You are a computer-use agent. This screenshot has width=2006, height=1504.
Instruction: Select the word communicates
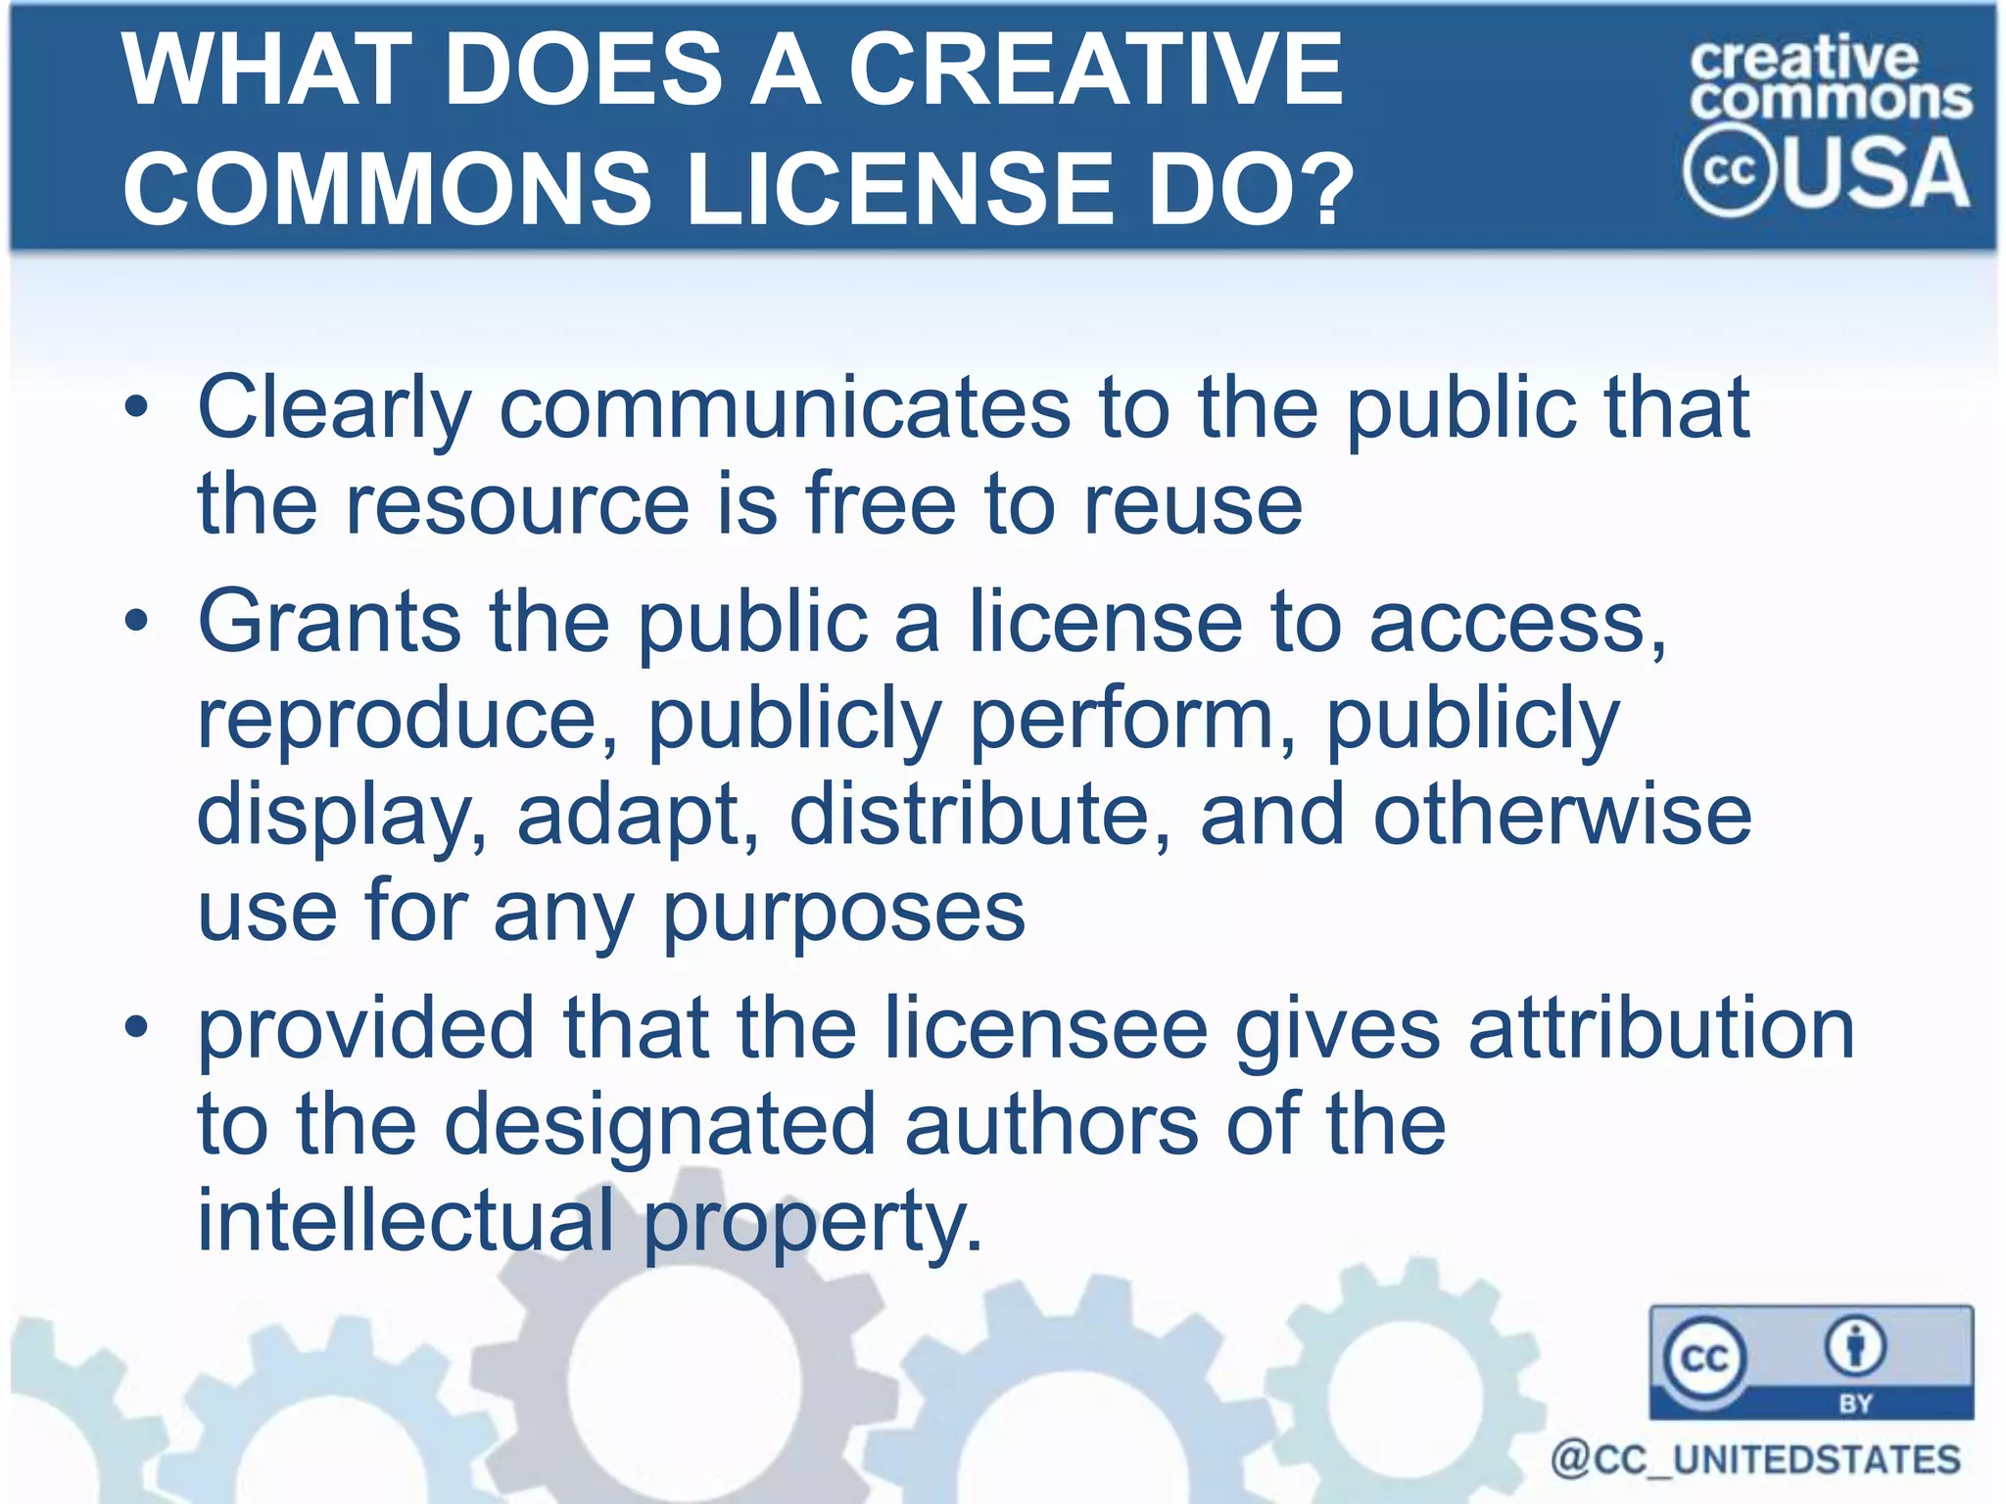coord(785,408)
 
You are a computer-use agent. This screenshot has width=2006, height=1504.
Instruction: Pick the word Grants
coord(329,622)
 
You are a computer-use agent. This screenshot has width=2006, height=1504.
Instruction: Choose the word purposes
coord(844,913)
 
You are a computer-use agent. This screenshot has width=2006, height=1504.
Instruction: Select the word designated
coord(659,1125)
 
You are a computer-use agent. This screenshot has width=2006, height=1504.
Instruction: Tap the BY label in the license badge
coord(1856,1403)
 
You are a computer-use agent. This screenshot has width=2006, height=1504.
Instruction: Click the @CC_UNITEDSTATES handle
coord(1755,1460)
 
